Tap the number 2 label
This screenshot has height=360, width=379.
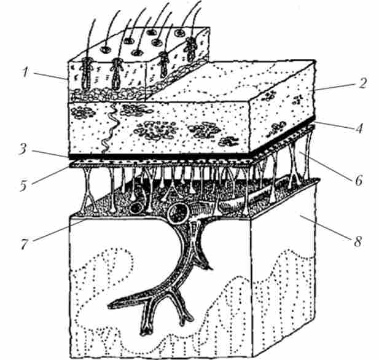pos(361,82)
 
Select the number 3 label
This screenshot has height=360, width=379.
pos(23,150)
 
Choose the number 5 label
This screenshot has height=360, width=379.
pos(24,186)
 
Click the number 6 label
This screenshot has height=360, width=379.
pos(359,181)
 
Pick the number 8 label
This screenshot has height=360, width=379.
pos(358,241)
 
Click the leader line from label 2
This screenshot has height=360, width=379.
pos(335,87)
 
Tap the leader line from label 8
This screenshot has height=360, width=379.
pos(326,227)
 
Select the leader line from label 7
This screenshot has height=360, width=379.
pos(58,230)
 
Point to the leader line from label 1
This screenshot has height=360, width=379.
pos(50,76)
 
